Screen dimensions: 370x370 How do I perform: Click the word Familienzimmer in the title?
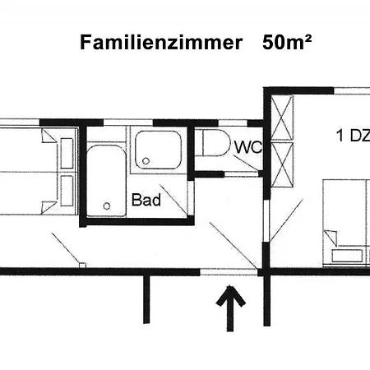click(161, 43)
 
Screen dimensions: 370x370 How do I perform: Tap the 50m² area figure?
click(287, 43)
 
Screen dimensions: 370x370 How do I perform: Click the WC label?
click(248, 147)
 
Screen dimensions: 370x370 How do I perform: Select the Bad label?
click(146, 200)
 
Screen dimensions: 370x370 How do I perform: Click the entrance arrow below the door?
click(230, 308)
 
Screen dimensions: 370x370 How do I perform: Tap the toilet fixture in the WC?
click(216, 143)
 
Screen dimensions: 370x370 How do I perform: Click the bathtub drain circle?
click(107, 206)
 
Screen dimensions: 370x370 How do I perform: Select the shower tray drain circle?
click(146, 161)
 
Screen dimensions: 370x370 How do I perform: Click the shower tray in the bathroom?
click(159, 150)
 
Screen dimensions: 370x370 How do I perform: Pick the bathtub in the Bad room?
click(106, 181)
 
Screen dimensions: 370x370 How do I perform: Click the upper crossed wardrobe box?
click(282, 118)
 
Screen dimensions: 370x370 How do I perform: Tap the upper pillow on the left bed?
click(67, 153)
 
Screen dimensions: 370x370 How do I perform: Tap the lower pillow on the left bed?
click(67, 191)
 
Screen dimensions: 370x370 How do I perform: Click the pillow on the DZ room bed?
click(347, 256)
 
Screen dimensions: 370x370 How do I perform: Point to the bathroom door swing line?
click(174, 200)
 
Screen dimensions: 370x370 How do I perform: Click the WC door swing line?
click(246, 163)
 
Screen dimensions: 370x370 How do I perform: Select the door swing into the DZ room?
click(286, 220)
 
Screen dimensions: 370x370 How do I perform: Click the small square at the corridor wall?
click(82, 265)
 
